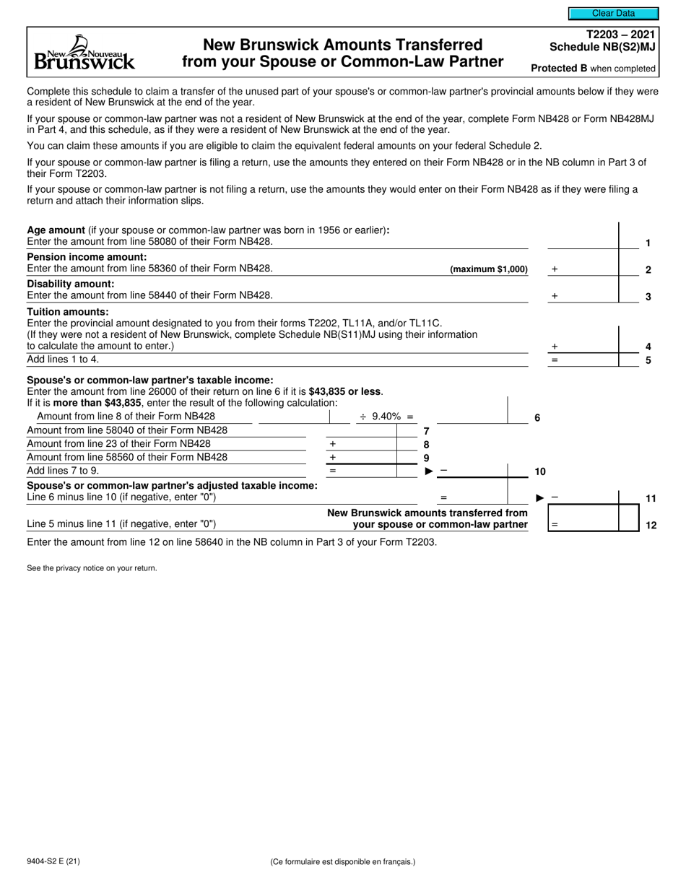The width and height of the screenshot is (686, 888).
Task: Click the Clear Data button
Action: click(613, 13)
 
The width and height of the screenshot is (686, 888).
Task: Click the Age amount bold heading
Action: click(56, 230)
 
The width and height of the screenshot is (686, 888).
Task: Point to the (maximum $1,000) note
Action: click(488, 269)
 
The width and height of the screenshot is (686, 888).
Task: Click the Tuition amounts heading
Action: click(68, 312)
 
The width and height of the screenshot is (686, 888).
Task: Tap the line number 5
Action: click(648, 360)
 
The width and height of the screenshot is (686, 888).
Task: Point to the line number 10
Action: click(539, 471)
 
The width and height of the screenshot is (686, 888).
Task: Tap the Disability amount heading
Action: click(71, 284)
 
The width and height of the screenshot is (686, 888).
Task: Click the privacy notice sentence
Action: click(92, 568)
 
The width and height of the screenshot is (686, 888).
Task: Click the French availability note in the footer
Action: click(343, 861)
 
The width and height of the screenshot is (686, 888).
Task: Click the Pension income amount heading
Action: click(87, 257)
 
